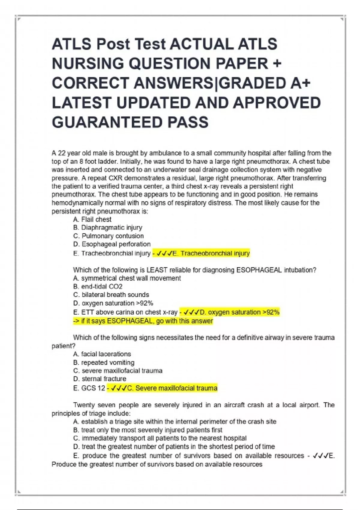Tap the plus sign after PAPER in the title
[x=277, y=63]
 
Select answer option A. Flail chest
[x=92, y=219]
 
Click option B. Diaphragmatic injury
[x=107, y=227]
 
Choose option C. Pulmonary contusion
[x=108, y=236]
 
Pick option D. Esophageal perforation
[x=112, y=244]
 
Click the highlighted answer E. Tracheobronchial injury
[x=201, y=253]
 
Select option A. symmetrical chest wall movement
[x=127, y=278]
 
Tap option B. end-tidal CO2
[x=98, y=286]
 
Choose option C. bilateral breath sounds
[x=111, y=295]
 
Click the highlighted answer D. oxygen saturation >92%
[x=230, y=312]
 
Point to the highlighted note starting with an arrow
[x=143, y=321]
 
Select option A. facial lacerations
[x=102, y=354]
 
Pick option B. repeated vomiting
[x=104, y=362]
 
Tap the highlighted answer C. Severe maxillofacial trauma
[x=162, y=388]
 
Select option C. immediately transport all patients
[x=160, y=438]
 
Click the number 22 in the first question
[x=62, y=153]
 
